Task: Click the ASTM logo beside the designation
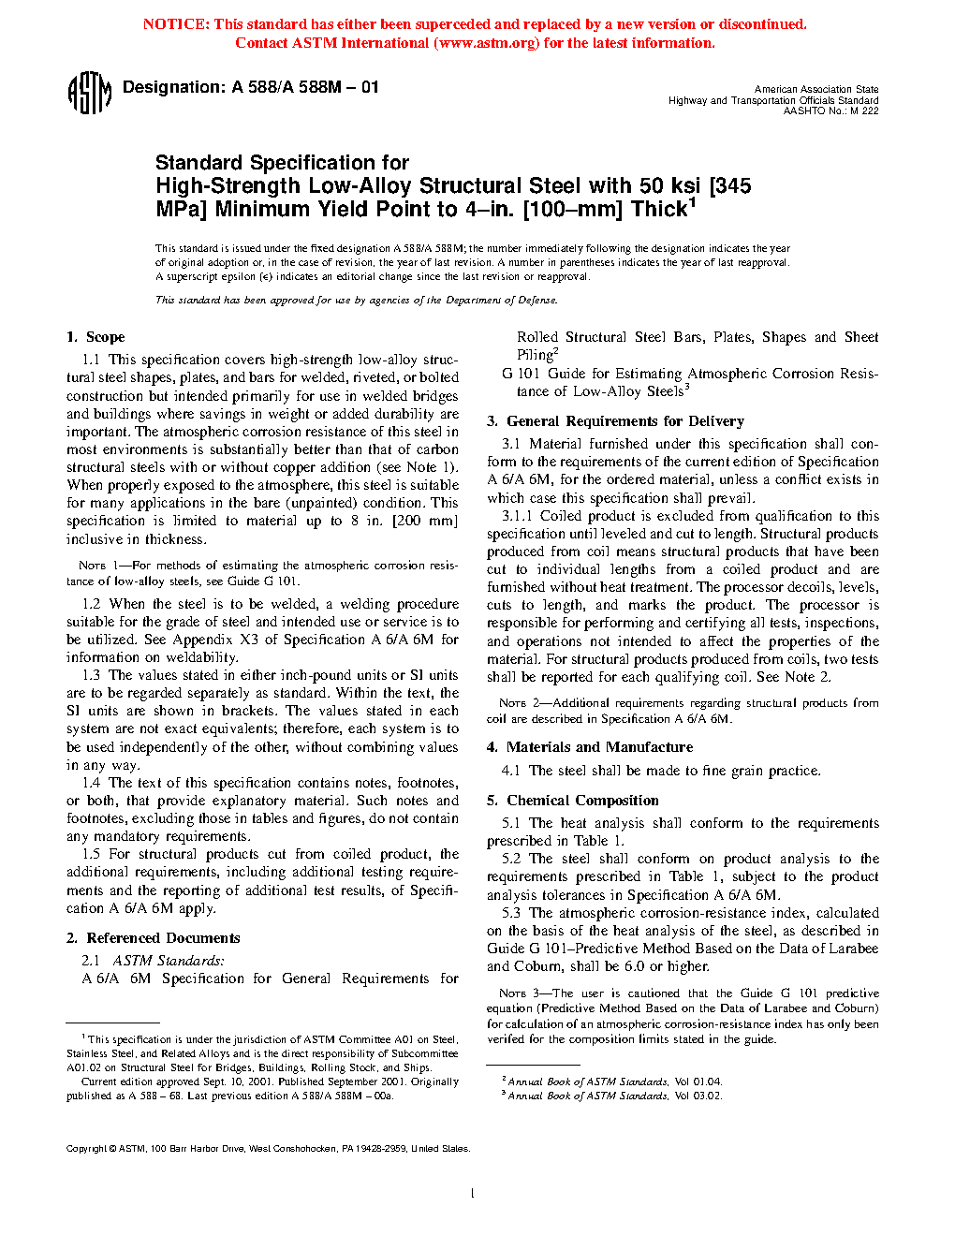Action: pyautogui.click(x=90, y=94)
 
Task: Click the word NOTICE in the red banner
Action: pyautogui.click(x=175, y=24)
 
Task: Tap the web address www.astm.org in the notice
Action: pyautogui.click(x=488, y=43)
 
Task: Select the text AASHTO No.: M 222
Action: pyautogui.click(x=831, y=111)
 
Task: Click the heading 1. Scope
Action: pyautogui.click(x=95, y=337)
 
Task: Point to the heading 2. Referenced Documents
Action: pyautogui.click(x=154, y=938)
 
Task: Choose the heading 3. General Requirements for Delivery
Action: pyautogui.click(x=615, y=421)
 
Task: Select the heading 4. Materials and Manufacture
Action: pyautogui.click(x=590, y=747)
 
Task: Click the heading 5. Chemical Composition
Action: pyautogui.click(x=573, y=801)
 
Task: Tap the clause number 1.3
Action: pyautogui.click(x=91, y=675)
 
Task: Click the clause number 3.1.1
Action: pyautogui.click(x=517, y=516)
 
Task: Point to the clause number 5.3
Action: pyautogui.click(x=511, y=913)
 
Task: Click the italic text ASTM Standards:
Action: pyautogui.click(x=169, y=961)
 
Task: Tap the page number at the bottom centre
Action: pyautogui.click(x=473, y=1193)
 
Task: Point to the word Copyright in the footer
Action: pyautogui.click(x=86, y=1149)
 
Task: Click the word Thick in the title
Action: pyautogui.click(x=659, y=210)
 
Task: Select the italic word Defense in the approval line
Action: pyautogui.click(x=537, y=301)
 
